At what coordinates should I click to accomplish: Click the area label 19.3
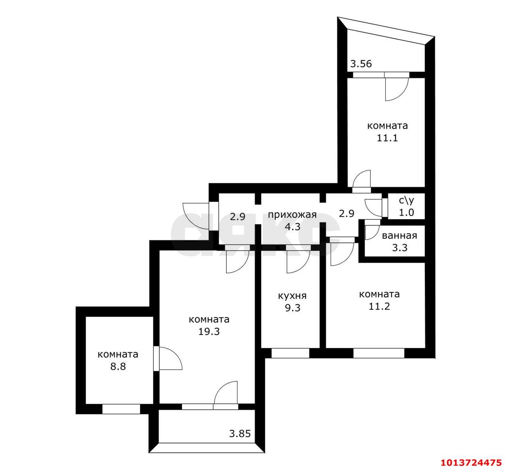click(209, 331)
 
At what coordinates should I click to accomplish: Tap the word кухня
click(292, 296)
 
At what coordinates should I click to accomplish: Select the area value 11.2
click(379, 307)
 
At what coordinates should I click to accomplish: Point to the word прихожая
click(292, 215)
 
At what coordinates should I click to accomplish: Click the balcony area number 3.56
click(361, 63)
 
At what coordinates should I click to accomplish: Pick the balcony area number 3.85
click(240, 434)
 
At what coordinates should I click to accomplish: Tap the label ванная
click(399, 236)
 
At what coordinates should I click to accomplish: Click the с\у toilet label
click(406, 201)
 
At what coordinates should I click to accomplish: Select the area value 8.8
click(118, 366)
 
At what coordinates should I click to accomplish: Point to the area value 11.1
click(387, 138)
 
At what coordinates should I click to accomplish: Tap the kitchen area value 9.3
click(292, 308)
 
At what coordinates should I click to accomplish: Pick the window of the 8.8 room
click(121, 409)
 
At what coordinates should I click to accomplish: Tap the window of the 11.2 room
click(379, 353)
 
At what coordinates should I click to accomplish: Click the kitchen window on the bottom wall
click(290, 353)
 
